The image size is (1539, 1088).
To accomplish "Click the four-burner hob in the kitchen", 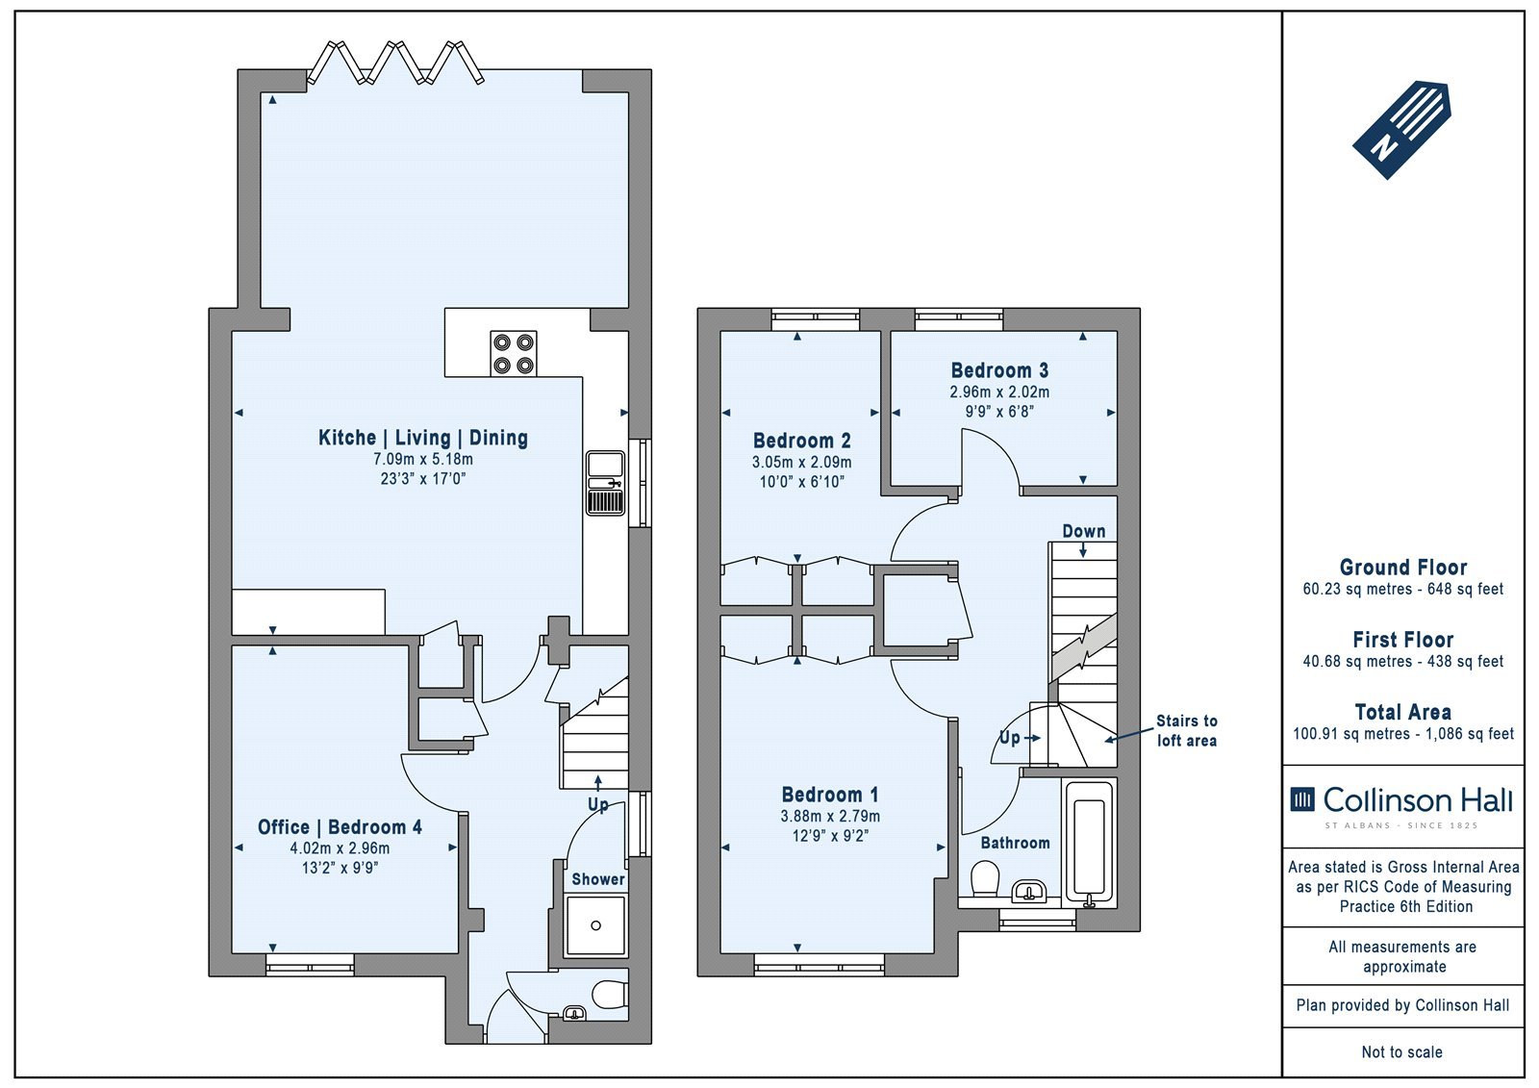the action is click(x=514, y=353).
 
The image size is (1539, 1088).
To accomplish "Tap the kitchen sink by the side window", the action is click(x=605, y=483).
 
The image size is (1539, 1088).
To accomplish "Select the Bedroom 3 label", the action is click(x=999, y=370).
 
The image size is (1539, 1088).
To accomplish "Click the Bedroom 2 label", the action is click(x=802, y=441).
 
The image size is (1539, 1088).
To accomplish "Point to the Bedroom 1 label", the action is click(x=830, y=796).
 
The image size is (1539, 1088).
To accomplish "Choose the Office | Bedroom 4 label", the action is click(x=340, y=827).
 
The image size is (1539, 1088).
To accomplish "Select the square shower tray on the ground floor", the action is click(x=595, y=925).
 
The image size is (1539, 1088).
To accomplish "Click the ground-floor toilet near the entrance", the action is click(x=609, y=995).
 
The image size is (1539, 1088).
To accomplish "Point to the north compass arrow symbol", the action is click(x=1401, y=131).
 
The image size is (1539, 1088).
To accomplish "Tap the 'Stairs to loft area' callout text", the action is click(x=1187, y=730).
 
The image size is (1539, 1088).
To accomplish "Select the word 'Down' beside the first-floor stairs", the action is click(x=1084, y=531).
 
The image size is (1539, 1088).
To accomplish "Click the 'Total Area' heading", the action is click(x=1403, y=712).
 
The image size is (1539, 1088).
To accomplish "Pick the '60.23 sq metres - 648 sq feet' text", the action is click(x=1403, y=589).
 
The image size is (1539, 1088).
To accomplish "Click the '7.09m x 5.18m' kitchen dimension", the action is click(x=423, y=459).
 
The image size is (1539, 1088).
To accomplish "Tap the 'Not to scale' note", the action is click(x=1402, y=1052).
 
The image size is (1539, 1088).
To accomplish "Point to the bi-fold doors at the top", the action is click(x=395, y=63).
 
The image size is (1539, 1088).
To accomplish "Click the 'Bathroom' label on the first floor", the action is click(x=1015, y=843).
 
